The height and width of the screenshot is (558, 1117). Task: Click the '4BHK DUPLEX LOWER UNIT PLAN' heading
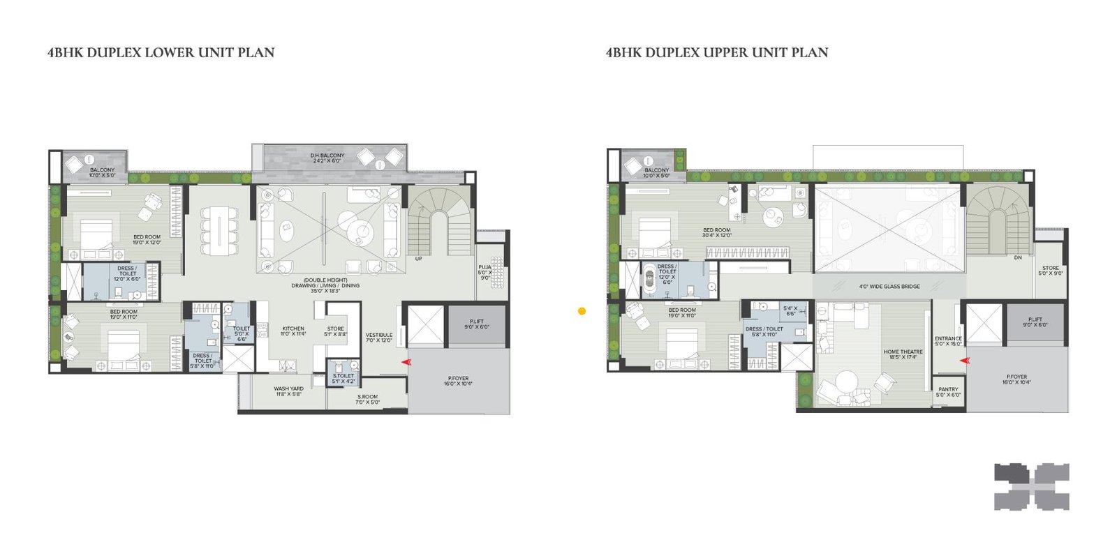(161, 52)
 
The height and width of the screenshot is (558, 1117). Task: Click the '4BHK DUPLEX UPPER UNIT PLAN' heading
(717, 52)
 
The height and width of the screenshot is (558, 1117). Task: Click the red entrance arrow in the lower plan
(406, 362)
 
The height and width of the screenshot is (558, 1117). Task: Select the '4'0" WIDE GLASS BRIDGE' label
(889, 287)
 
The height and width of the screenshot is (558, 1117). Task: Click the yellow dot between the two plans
(582, 312)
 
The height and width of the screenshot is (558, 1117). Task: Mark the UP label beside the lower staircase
(419, 259)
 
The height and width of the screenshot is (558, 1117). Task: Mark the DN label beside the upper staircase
(1018, 257)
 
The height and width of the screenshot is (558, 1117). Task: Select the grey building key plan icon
(1032, 487)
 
